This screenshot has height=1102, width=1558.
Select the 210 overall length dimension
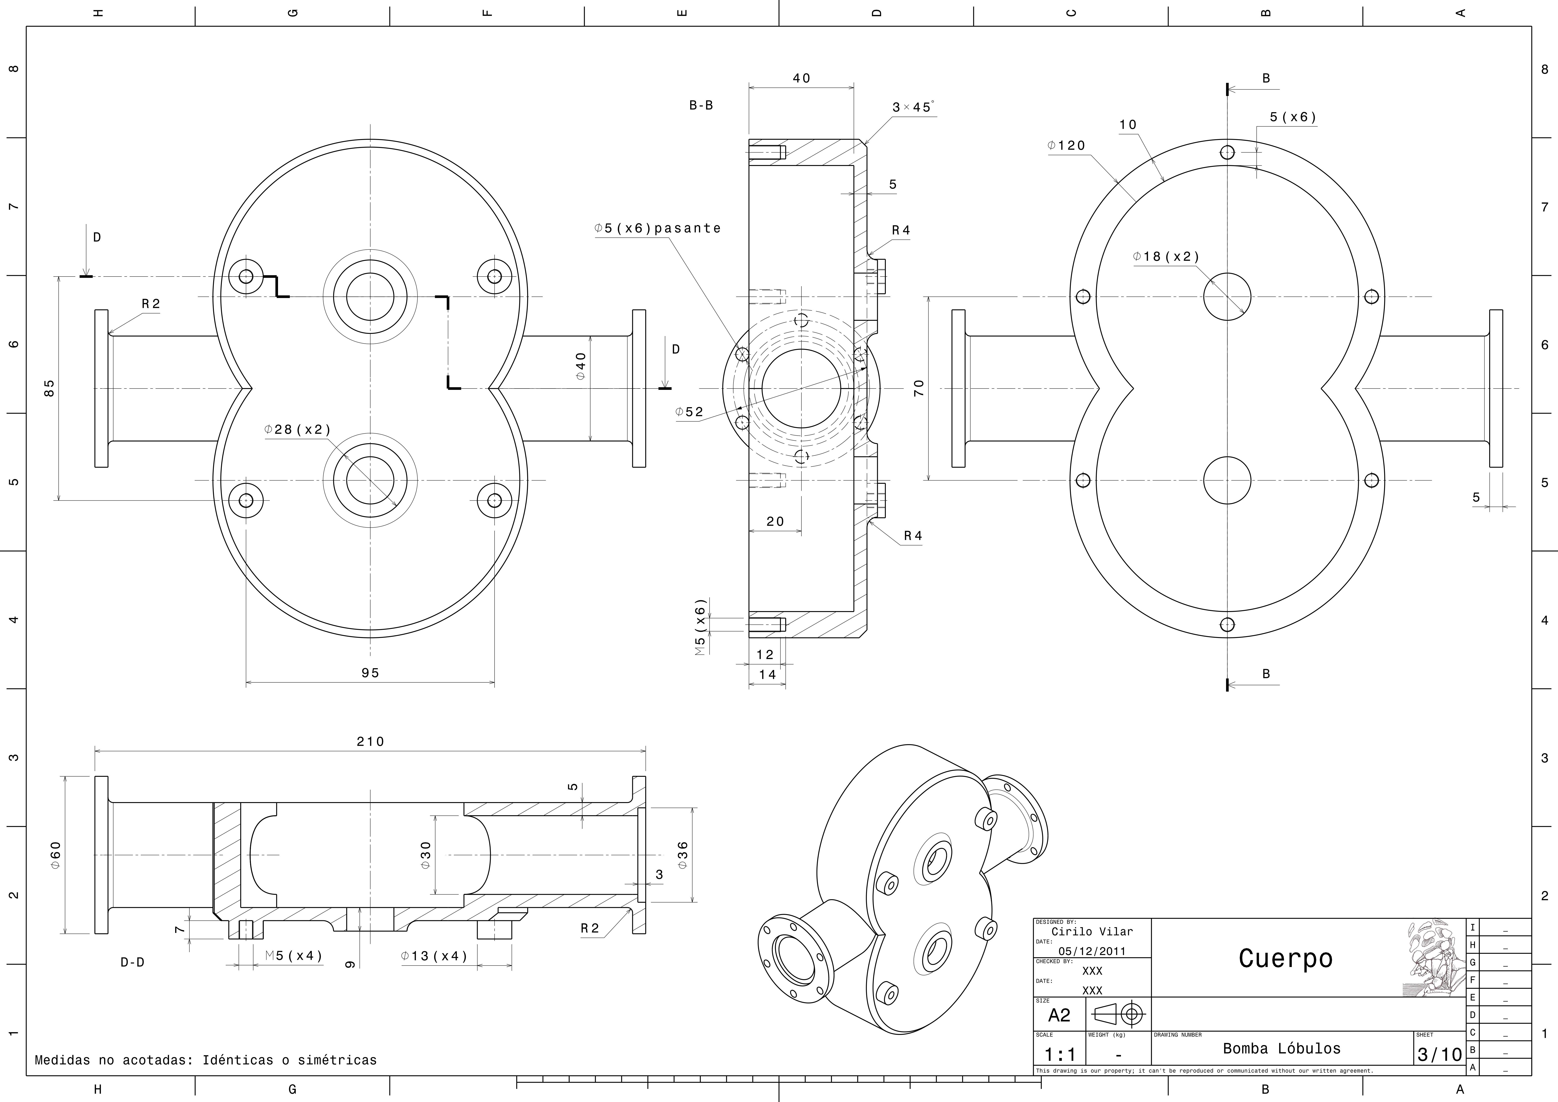370,741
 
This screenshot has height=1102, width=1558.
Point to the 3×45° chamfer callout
913,107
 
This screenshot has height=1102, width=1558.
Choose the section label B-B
701,105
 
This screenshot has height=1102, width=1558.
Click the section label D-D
132,962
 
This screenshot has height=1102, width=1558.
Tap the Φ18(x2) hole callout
1166,257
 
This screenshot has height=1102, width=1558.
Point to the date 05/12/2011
1092,951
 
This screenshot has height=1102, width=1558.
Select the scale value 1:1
1060,1054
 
